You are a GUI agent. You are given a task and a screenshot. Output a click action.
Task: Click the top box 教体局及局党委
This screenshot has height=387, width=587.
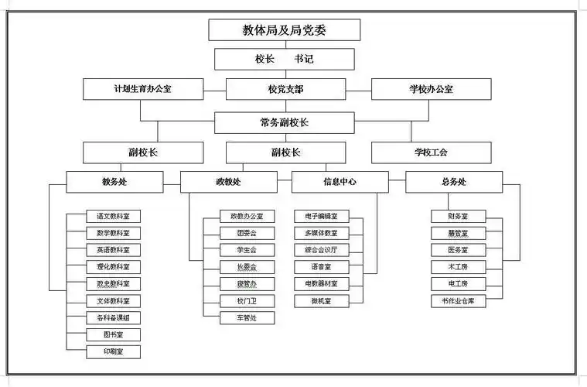[x=284, y=30]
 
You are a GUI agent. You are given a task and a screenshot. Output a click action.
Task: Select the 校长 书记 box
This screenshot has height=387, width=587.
[x=284, y=59]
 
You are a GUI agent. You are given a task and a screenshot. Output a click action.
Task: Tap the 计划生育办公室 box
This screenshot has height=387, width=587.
[x=143, y=89]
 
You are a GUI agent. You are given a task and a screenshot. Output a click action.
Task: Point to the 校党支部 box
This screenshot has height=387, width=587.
[x=285, y=89]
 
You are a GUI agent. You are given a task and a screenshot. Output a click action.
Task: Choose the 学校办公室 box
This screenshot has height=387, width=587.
[x=431, y=89]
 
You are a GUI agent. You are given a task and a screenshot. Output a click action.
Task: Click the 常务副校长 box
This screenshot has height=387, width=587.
[x=285, y=122]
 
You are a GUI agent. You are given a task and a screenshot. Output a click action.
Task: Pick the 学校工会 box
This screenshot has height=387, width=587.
[x=431, y=152]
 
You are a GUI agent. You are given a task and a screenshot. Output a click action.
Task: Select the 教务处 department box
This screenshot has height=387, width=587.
[x=114, y=182]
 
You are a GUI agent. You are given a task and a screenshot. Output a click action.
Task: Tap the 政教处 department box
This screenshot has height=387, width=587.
[x=228, y=182]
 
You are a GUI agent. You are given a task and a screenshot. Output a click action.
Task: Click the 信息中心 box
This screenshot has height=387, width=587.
[x=340, y=182]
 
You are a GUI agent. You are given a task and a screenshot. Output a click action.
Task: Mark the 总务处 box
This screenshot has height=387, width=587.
[x=453, y=182]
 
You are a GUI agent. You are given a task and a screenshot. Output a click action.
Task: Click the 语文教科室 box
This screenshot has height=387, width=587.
[x=113, y=216]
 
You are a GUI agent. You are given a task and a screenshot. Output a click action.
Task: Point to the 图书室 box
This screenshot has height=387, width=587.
[x=113, y=335]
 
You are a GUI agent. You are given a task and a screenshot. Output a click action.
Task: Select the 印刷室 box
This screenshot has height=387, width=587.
[x=113, y=352]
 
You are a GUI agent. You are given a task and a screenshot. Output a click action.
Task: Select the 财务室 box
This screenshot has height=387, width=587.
[x=458, y=216]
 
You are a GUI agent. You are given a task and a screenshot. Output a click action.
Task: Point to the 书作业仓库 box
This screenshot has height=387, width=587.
[x=458, y=301]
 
